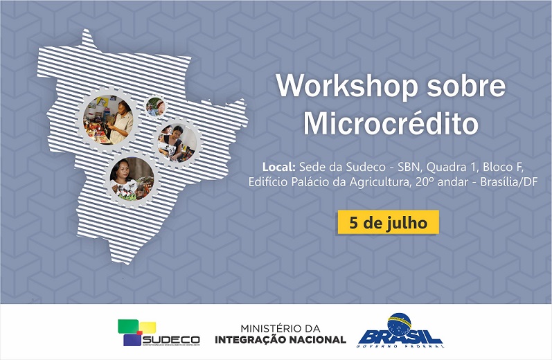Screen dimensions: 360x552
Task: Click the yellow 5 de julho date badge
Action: (388, 223)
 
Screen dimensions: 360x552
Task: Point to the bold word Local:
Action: (278, 167)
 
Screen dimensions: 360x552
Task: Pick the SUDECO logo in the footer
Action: (159, 333)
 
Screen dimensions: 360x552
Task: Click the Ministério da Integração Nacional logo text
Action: (281, 333)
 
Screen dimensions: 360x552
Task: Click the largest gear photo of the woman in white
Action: (109, 119)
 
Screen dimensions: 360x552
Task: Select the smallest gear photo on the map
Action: (155, 107)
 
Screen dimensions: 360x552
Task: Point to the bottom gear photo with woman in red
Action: (132, 178)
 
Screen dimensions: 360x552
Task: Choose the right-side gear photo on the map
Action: (177, 142)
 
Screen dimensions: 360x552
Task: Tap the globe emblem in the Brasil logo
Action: (400, 323)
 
